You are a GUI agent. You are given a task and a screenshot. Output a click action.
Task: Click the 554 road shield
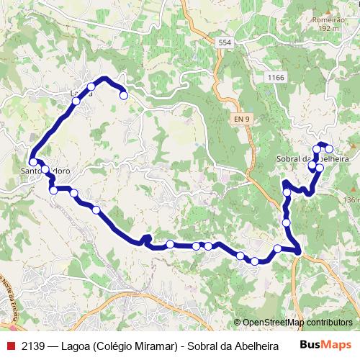[x=225, y=43]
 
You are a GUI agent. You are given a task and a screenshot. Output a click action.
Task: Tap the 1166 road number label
[x=274, y=77]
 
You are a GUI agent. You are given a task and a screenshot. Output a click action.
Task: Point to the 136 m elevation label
[x=351, y=199]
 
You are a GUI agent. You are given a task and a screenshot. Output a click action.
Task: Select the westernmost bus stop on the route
[x=33, y=163]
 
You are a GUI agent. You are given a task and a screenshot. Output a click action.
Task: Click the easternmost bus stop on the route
[x=330, y=149]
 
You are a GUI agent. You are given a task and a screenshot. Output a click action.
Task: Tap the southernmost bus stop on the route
[x=254, y=261]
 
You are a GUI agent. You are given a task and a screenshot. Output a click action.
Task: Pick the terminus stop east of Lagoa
[x=123, y=95]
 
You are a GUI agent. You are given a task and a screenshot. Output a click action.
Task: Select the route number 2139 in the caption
[x=35, y=346]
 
